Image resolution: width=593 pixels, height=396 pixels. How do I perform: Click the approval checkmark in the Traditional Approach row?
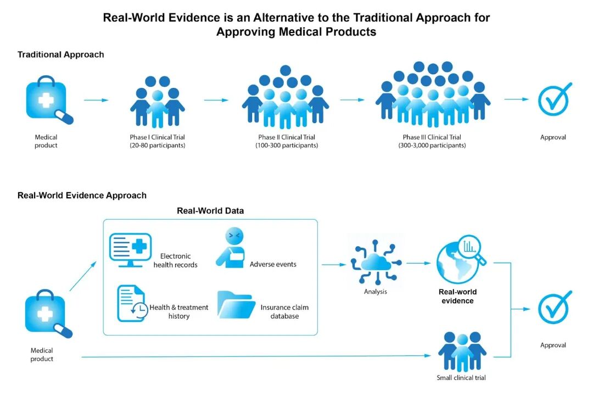tap(554, 99)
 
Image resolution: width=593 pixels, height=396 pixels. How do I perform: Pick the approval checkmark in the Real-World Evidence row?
tap(554, 307)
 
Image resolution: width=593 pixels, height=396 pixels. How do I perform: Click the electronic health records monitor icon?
tap(130, 250)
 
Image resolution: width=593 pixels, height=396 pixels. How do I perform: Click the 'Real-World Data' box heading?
tap(210, 211)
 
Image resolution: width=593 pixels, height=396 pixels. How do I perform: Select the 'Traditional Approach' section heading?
tap(60, 54)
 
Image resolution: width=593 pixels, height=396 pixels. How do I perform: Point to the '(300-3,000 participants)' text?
tap(432, 146)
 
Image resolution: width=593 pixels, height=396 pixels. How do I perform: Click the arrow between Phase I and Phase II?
tap(216, 100)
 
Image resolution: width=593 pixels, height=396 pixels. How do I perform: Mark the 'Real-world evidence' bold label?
tap(457, 297)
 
